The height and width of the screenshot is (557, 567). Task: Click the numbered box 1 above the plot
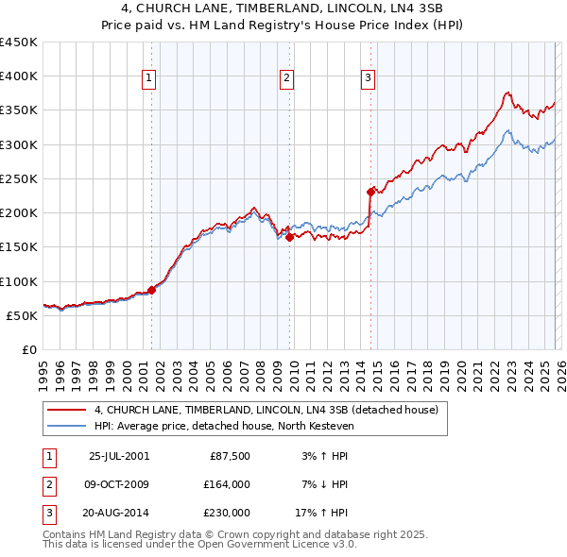click(x=149, y=79)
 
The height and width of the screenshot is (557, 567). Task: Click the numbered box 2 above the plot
click(x=286, y=79)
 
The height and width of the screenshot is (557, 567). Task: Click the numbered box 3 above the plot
click(x=368, y=79)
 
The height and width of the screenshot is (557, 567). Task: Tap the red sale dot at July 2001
click(x=151, y=290)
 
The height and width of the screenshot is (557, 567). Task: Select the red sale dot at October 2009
click(x=289, y=238)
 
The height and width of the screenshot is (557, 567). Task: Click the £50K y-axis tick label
click(x=23, y=315)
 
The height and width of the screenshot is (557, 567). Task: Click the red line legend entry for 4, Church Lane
click(x=266, y=411)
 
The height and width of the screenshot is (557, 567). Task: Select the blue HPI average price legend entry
click(x=222, y=426)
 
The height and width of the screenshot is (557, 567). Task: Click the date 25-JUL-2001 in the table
click(x=118, y=456)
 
